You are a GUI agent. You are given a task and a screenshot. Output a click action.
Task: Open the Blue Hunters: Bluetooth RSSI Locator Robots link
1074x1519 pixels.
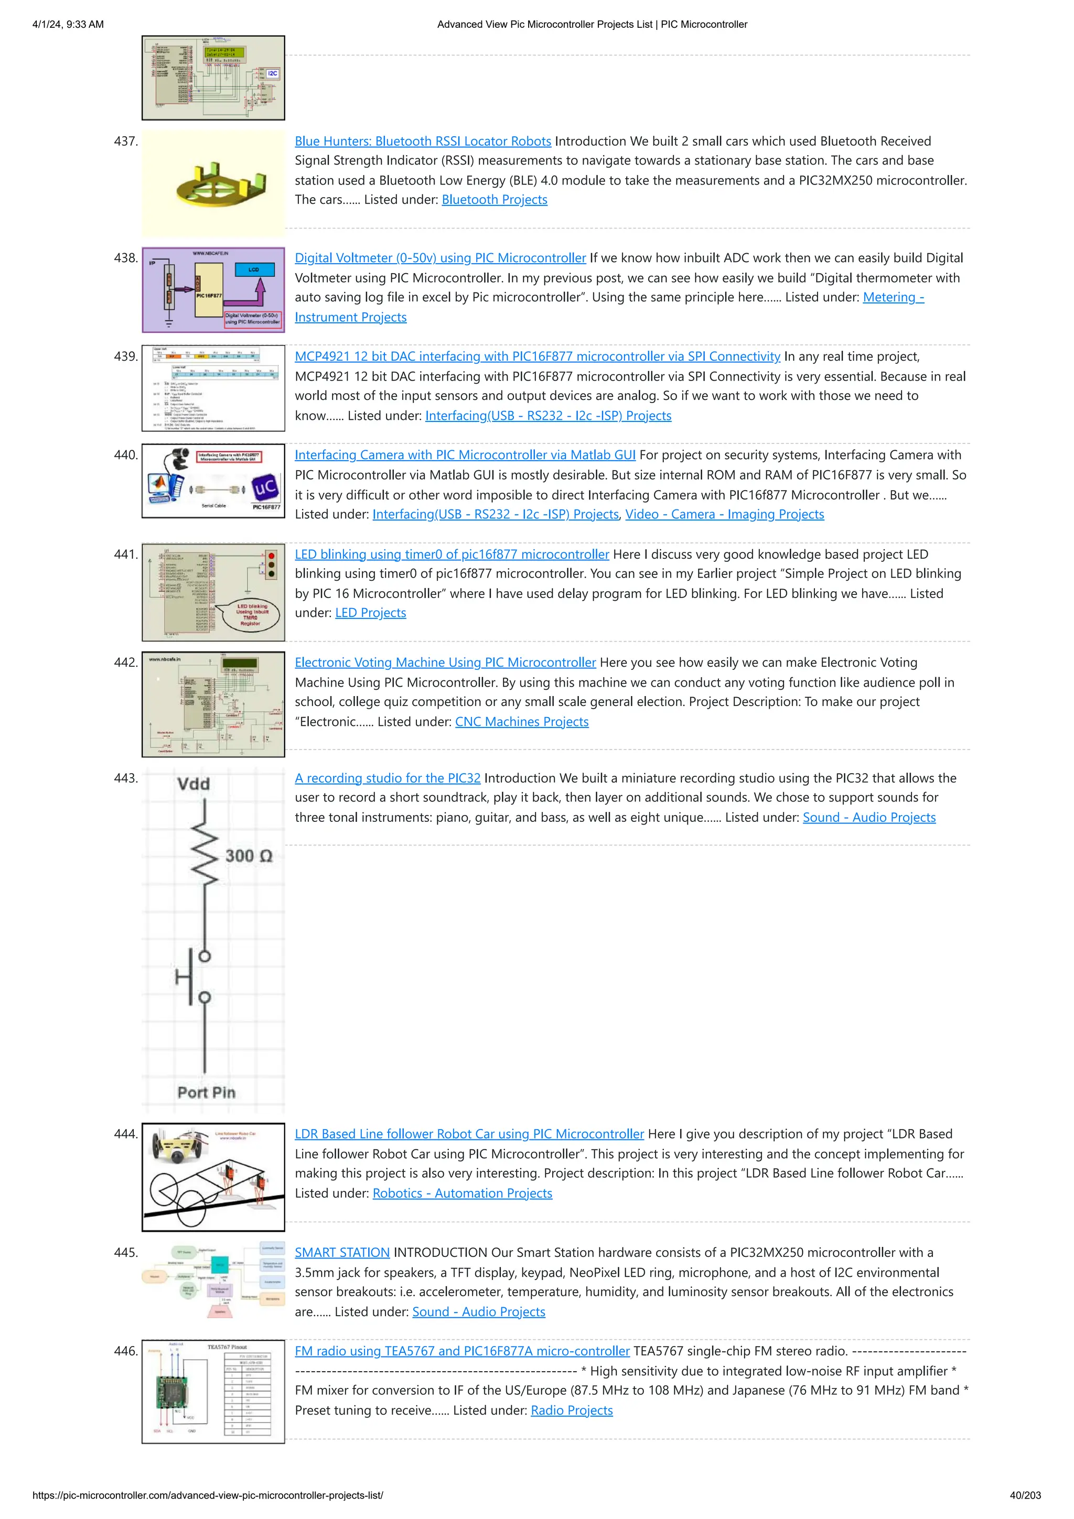click(422, 141)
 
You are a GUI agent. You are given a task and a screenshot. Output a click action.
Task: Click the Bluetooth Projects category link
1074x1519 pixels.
click(495, 200)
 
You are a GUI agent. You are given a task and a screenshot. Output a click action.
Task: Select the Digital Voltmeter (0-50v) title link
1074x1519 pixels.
click(440, 258)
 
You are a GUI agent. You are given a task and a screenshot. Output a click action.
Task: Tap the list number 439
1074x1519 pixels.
click(126, 356)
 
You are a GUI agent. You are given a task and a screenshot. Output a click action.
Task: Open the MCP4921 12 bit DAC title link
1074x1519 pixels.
click(538, 356)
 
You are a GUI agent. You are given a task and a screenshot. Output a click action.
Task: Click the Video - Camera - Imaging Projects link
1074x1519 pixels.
click(725, 515)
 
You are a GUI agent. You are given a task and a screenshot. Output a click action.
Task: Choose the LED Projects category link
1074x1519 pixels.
click(371, 613)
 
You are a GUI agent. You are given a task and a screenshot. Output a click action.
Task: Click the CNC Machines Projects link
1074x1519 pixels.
click(521, 722)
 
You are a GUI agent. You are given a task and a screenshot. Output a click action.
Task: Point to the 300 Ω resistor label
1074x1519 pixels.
click(248, 856)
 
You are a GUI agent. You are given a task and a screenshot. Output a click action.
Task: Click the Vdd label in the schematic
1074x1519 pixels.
click(193, 785)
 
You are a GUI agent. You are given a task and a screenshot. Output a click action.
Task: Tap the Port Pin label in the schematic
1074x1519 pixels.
click(207, 1093)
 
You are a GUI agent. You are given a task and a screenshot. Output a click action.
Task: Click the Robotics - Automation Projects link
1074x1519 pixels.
click(462, 1193)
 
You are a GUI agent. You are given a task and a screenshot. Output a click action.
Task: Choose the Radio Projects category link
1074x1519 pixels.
click(572, 1410)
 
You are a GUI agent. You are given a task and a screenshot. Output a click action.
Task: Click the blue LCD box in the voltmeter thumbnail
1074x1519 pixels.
click(253, 270)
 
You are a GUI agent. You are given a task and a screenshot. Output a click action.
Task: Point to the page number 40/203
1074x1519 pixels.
click(1025, 1495)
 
